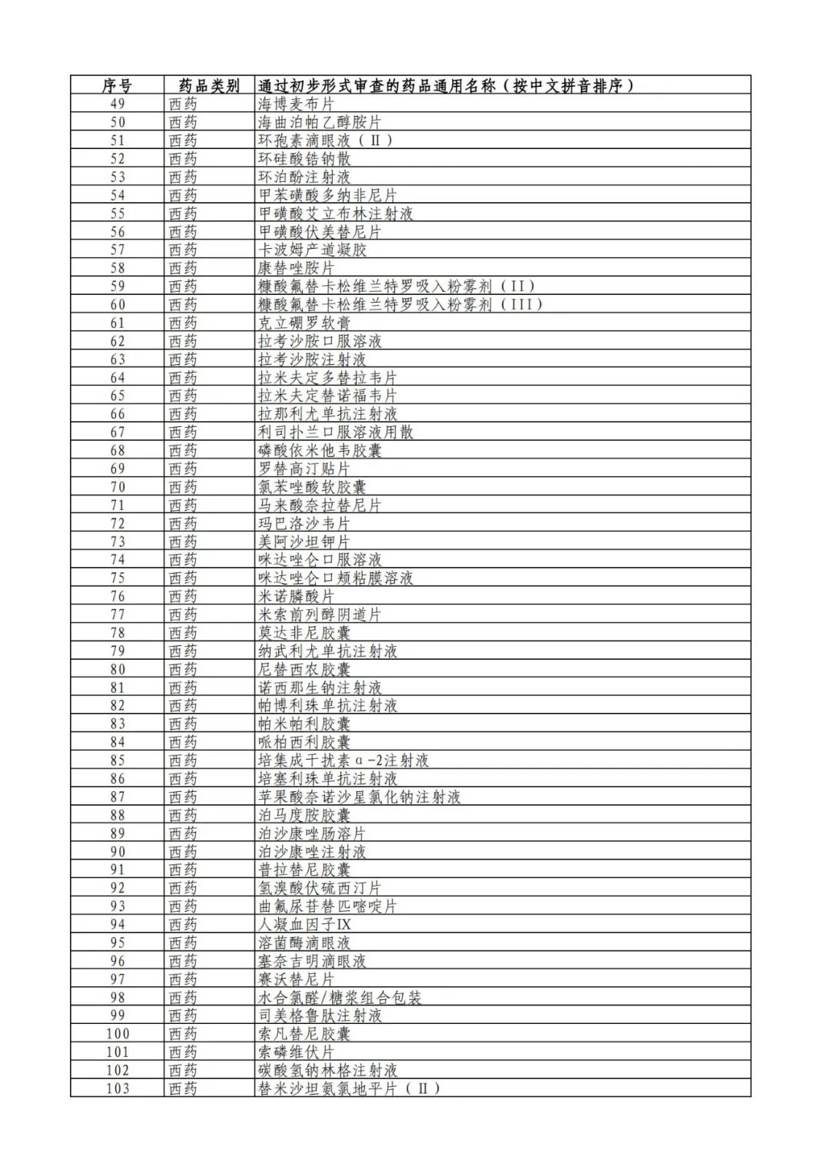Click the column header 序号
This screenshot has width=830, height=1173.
point(117,85)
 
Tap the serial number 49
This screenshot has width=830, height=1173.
point(117,104)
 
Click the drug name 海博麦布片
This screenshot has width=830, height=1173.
point(296,104)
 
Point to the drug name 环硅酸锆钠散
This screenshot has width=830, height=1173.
point(304,158)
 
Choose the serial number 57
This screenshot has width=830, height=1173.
point(117,250)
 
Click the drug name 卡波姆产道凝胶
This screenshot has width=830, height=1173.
point(312,250)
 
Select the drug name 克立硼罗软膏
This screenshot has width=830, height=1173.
point(304,323)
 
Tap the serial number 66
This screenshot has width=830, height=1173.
point(117,414)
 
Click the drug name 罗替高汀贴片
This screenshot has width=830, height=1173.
point(304,469)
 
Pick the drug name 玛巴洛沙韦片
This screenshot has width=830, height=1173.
point(304,523)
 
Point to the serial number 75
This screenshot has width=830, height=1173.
point(117,578)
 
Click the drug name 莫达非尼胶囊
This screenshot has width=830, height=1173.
point(304,633)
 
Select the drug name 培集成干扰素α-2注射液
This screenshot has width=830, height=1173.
point(343,760)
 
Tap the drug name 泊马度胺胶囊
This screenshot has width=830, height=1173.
point(304,815)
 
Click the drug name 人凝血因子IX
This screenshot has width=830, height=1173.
point(304,925)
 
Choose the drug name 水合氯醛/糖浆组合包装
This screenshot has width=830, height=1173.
point(340,998)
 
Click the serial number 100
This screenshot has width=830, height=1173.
point(117,1034)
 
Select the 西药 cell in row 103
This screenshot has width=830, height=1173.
point(183,1089)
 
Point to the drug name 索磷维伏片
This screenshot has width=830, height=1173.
point(296,1052)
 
